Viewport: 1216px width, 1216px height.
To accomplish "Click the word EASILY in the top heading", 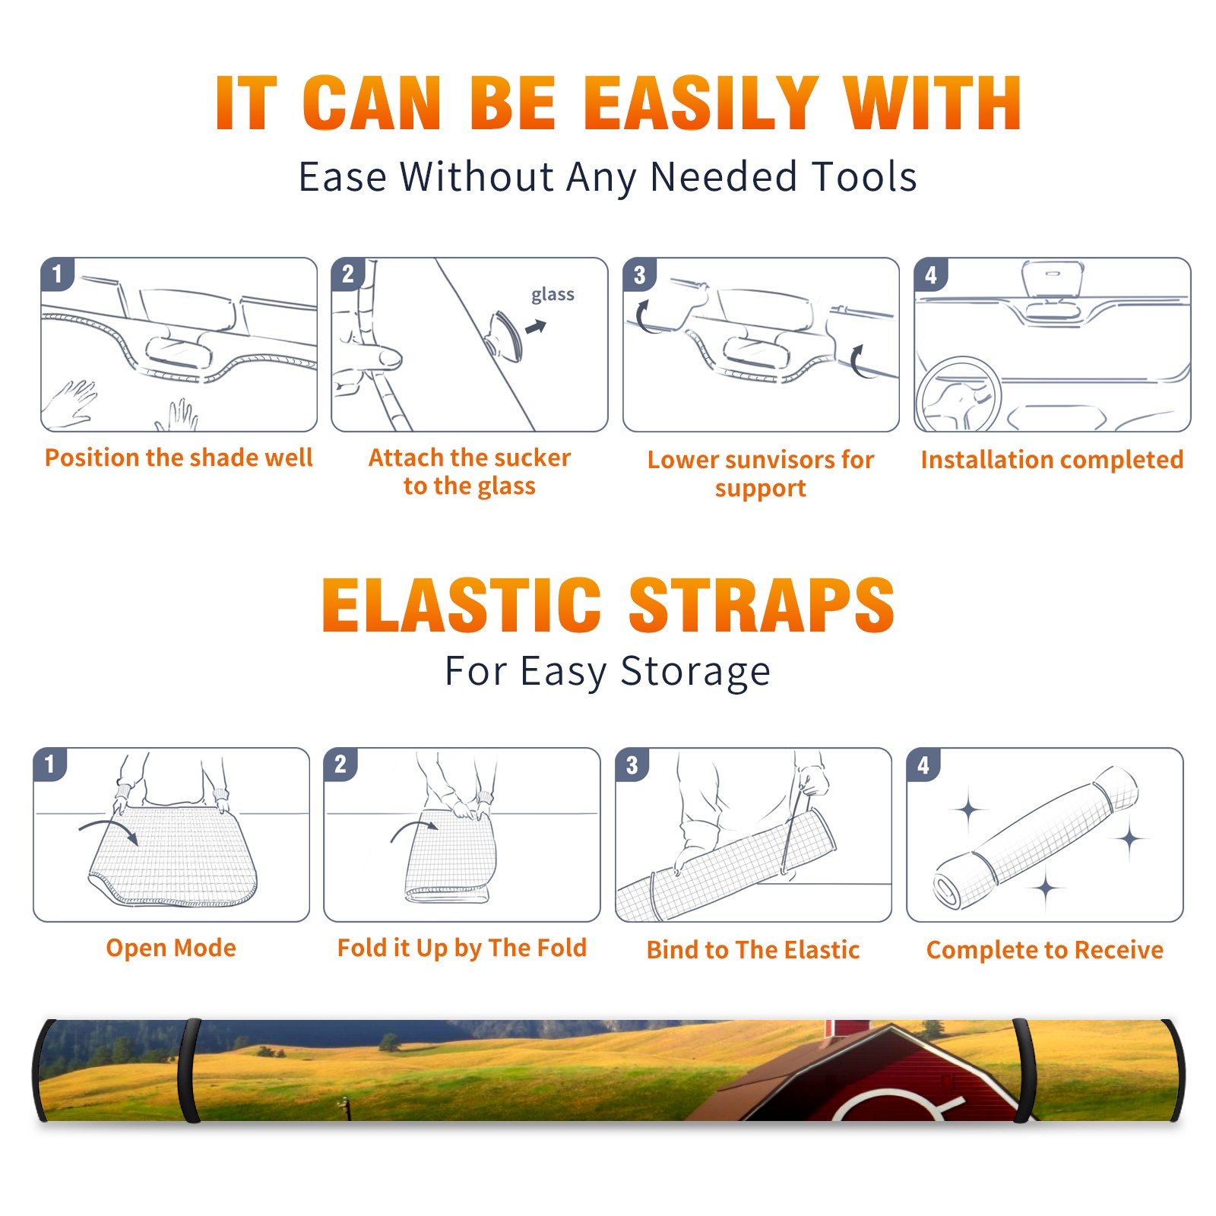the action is (701, 103).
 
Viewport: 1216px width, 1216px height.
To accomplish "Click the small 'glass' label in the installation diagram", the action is (553, 295).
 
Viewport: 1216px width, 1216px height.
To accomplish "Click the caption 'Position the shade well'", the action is (179, 458).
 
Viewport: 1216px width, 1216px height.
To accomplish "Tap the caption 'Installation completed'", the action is (1052, 459).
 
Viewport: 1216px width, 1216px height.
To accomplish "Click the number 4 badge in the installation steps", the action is (931, 274).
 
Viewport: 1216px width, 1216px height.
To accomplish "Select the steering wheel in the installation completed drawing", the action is (959, 394).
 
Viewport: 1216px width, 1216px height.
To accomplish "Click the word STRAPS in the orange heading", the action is (762, 605).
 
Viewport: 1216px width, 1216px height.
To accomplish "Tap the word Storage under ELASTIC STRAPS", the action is (695, 672).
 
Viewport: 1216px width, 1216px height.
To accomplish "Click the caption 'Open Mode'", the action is (171, 948).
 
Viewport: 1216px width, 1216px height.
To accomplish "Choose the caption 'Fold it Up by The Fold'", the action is (462, 948).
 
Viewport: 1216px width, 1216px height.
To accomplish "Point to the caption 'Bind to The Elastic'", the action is (753, 950).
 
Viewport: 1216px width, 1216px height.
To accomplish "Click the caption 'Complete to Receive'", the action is (1045, 950).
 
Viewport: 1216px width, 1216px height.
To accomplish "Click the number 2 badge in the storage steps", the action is (340, 764).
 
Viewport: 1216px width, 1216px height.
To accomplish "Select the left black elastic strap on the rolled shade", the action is (189, 1070).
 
